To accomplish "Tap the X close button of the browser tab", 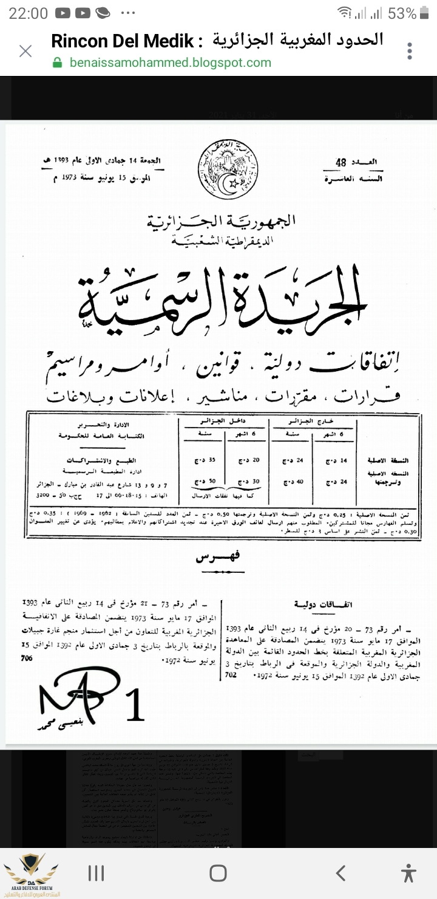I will [25, 51].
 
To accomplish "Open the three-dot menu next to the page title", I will [410, 51].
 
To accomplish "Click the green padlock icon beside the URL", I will [58, 63].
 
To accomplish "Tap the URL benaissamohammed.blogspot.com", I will [170, 63].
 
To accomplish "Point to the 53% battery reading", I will [402, 13].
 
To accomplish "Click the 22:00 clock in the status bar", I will [28, 13].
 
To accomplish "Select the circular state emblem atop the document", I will [228, 168].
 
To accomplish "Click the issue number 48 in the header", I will [341, 162].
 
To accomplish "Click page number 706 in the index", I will [26, 657].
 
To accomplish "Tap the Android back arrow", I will [340, 873].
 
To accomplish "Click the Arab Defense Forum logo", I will [30, 873].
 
